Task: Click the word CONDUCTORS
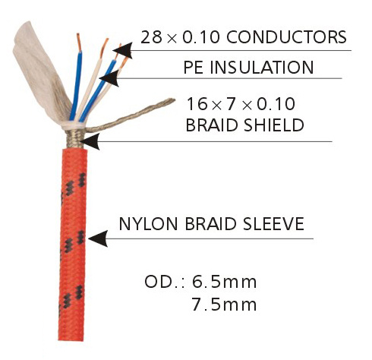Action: tap(286, 37)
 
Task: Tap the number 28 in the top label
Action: tap(151, 37)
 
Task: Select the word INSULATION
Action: tap(262, 67)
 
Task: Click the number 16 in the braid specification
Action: tap(197, 104)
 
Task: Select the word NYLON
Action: tap(148, 223)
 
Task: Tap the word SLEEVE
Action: tap(273, 223)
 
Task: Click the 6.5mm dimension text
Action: tap(224, 282)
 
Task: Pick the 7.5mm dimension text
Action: tap(224, 304)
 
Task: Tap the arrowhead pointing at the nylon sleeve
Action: tap(98, 238)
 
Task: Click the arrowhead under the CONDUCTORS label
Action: tap(123, 50)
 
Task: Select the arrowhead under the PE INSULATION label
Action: tap(109, 78)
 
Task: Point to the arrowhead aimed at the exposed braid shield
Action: tap(90, 141)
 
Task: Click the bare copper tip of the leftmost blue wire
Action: tap(79, 43)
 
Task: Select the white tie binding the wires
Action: tap(74, 125)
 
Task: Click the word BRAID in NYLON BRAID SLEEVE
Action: tap(210, 223)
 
